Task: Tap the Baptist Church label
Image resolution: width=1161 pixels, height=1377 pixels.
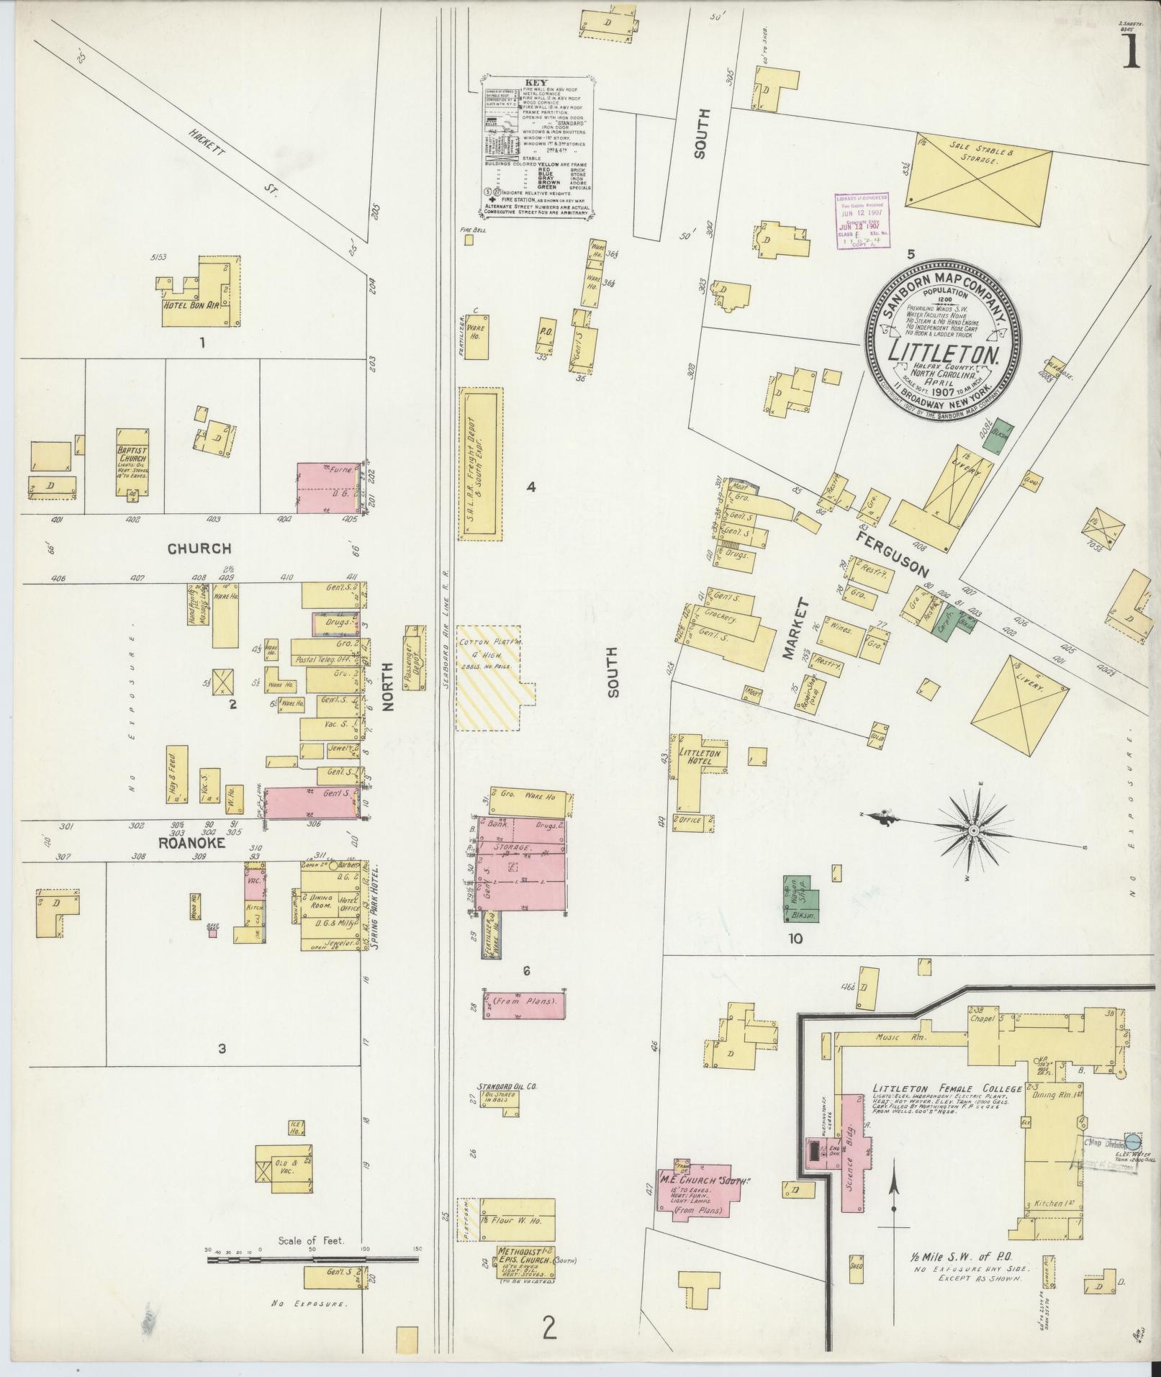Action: point(132,455)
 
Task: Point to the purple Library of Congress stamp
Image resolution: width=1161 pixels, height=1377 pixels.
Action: point(862,220)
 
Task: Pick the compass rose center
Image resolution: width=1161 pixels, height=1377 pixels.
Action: point(973,831)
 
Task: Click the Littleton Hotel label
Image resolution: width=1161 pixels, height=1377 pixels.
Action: point(695,756)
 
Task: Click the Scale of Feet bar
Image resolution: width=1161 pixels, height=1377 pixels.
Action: point(312,1259)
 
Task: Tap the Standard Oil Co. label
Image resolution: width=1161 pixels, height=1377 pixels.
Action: point(507,1086)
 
